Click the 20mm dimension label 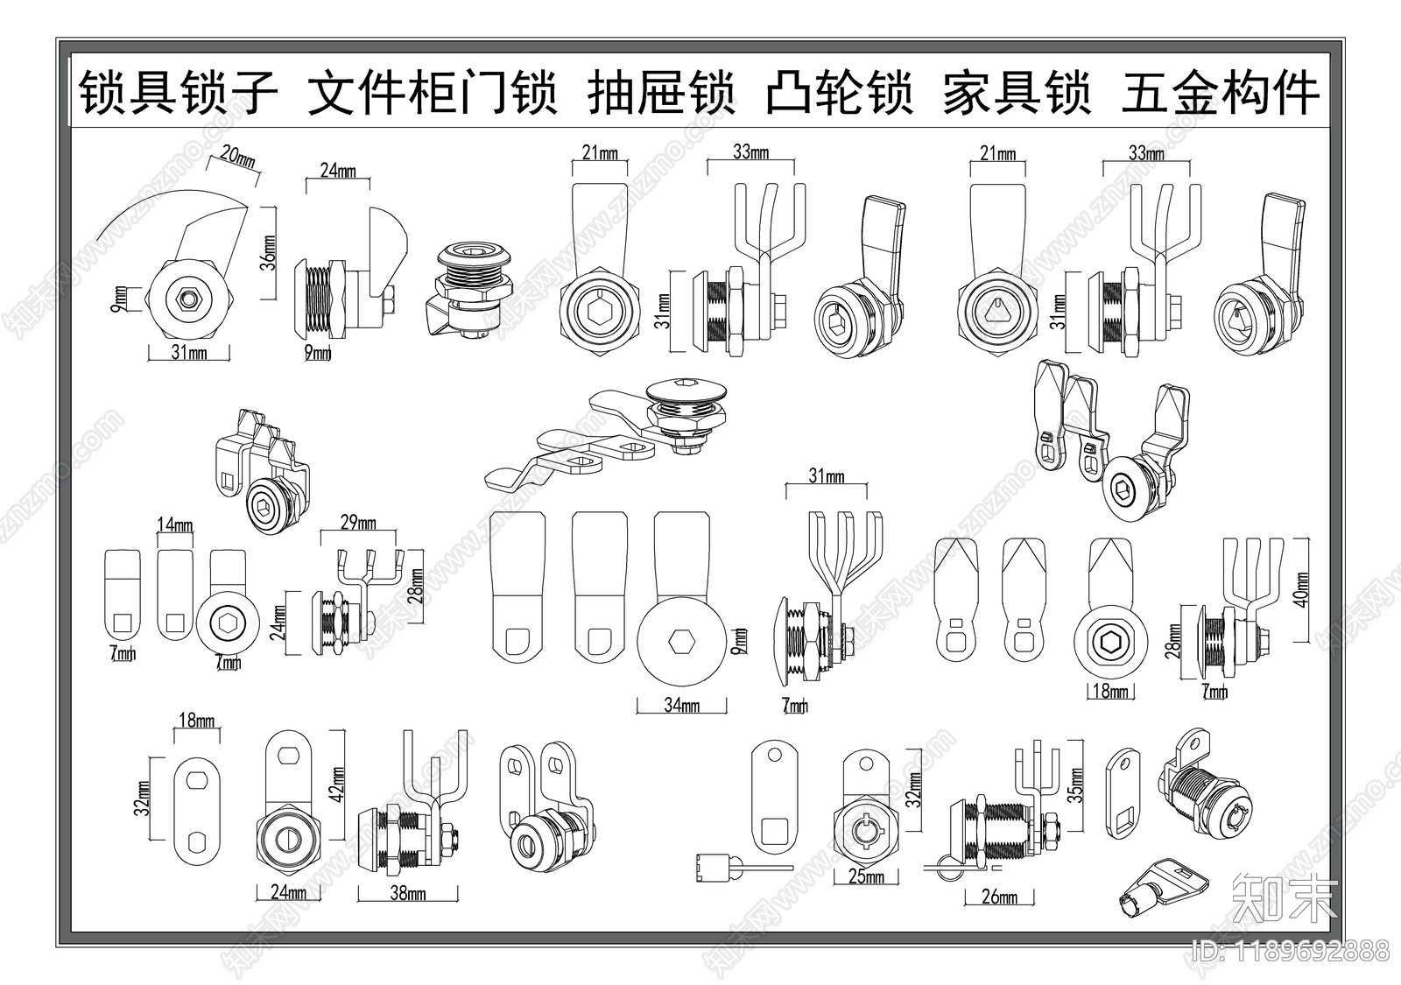coord(237,158)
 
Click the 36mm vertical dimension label coord(270,252)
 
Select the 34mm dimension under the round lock coord(681,705)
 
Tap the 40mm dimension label coord(1301,590)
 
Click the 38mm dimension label coord(408,894)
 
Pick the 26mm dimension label coord(999,897)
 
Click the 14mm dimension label coord(175,525)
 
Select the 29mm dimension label coord(357,523)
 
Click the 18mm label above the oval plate coord(196,721)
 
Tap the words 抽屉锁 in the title coord(660,94)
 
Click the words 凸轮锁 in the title coord(839,94)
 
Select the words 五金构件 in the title coord(1220,94)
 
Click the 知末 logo coord(1284,898)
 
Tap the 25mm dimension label coord(866,876)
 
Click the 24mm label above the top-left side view coord(337,171)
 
